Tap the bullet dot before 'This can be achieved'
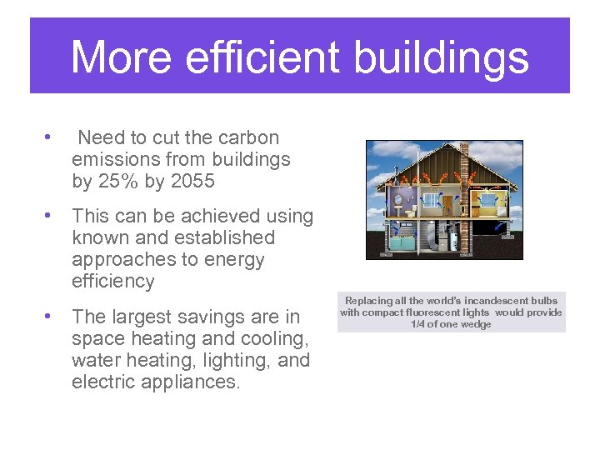49,216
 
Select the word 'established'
217,237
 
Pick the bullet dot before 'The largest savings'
49,316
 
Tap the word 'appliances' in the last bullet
194,382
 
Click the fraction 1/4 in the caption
420,324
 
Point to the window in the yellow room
488,201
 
